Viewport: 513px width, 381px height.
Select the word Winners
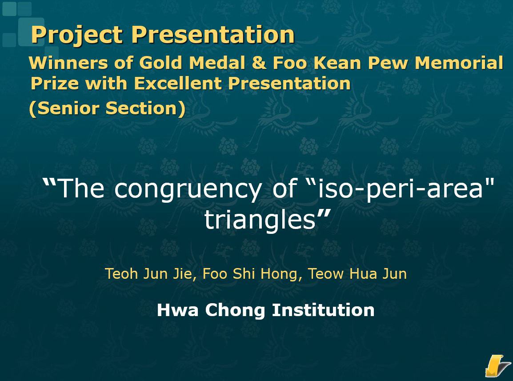(x=68, y=63)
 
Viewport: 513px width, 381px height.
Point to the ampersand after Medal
(x=259, y=63)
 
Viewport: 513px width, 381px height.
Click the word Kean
(x=337, y=63)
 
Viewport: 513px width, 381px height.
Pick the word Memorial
(x=459, y=63)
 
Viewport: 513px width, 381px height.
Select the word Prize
(x=55, y=83)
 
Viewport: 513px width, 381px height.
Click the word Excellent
(x=178, y=83)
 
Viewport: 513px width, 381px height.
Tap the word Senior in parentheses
(x=68, y=108)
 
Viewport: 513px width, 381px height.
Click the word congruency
(x=188, y=190)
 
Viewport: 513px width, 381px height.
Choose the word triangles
(x=260, y=220)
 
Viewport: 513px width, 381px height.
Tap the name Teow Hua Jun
(x=357, y=274)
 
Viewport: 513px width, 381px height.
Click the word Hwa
(x=178, y=309)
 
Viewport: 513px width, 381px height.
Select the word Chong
(x=235, y=310)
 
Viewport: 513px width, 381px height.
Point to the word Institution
(x=323, y=309)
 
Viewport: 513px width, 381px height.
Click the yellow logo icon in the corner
(x=497, y=365)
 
